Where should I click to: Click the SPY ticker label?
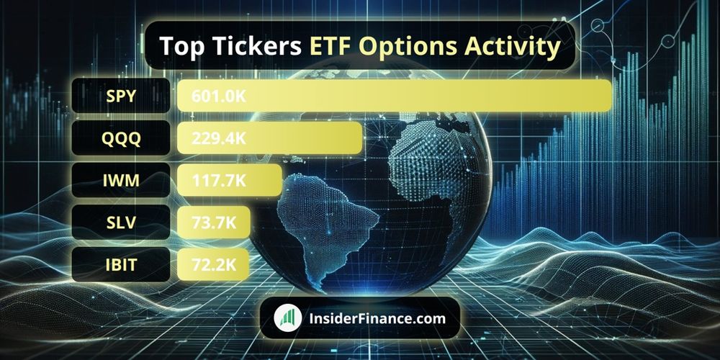click(x=121, y=96)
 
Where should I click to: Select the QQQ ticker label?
click(x=121, y=138)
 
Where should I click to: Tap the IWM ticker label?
click(x=121, y=180)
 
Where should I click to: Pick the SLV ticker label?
click(x=121, y=222)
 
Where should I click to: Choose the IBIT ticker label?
click(x=121, y=265)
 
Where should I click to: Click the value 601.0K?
click(x=214, y=96)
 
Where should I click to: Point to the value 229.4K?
click(x=214, y=138)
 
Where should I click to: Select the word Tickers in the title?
click(x=252, y=46)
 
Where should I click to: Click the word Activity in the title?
click(x=513, y=46)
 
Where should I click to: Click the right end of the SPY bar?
click(x=606, y=96)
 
